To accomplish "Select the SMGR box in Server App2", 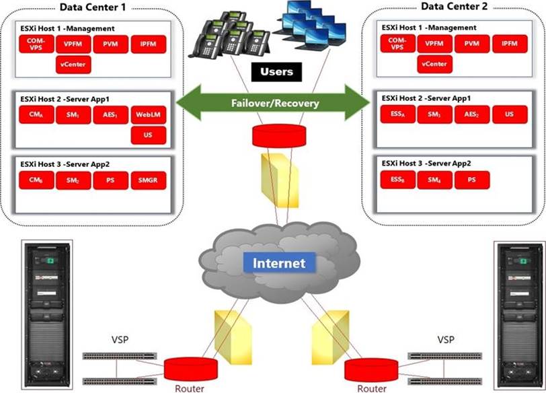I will (x=149, y=180).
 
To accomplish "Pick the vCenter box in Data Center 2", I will (x=435, y=65).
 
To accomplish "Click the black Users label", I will (x=276, y=72).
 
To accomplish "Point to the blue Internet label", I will (x=279, y=263).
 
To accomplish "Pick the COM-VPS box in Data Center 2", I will (x=398, y=45).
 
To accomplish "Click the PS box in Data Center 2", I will (x=472, y=180).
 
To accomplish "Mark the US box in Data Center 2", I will (x=509, y=114).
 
